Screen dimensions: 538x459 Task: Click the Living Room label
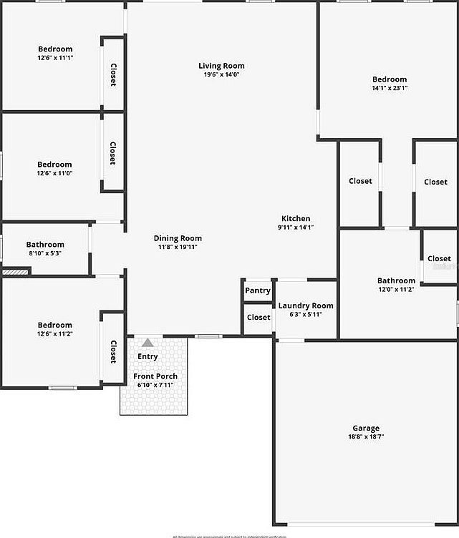[x=221, y=66]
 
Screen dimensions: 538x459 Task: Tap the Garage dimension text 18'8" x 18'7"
[x=365, y=436]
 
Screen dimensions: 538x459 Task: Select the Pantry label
[x=258, y=290]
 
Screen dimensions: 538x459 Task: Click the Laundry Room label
[x=306, y=305]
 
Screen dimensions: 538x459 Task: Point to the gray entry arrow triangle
[x=148, y=343]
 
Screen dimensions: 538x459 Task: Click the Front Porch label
[x=155, y=376]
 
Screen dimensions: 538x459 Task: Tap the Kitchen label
[x=296, y=219]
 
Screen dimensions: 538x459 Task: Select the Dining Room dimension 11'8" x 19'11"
[x=178, y=247]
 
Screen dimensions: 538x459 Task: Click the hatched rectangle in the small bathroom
[x=14, y=272]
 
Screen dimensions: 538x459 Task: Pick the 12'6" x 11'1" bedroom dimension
[x=55, y=57]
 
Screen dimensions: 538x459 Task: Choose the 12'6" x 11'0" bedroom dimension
[x=55, y=173]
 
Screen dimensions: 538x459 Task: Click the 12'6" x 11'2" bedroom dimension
[x=55, y=333]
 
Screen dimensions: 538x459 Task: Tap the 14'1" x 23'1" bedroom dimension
[x=390, y=88]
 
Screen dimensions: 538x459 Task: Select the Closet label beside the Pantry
[x=259, y=317]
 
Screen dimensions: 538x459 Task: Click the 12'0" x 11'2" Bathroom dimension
[x=396, y=290]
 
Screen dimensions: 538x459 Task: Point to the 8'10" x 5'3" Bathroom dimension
[x=45, y=253]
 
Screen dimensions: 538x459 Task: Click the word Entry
[x=148, y=356]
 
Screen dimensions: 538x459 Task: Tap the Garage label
[x=365, y=429]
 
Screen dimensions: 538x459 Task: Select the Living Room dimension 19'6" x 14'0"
[x=221, y=74]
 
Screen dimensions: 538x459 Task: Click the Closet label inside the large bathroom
[x=439, y=258]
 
